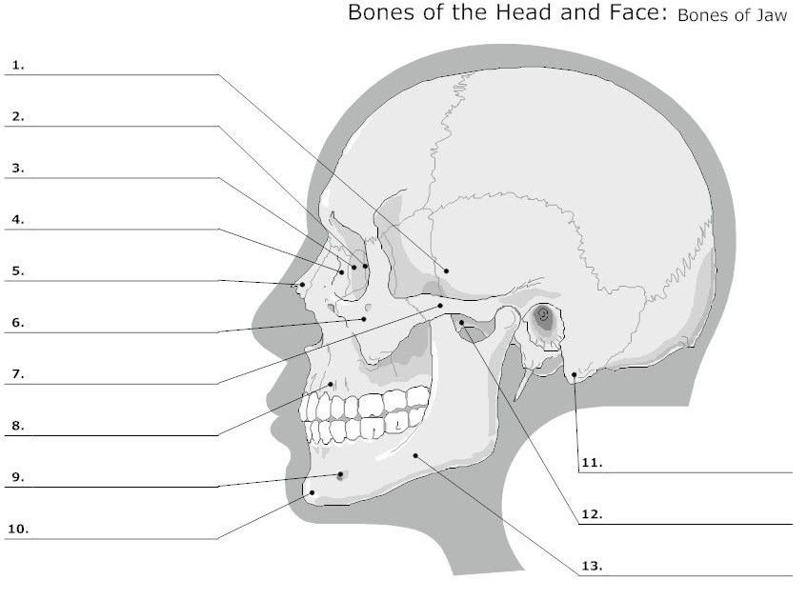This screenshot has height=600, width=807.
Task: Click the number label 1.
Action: (18, 66)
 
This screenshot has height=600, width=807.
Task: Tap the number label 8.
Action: (17, 426)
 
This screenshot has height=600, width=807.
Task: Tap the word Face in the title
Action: (629, 14)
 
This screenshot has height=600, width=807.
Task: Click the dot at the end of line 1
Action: (445, 271)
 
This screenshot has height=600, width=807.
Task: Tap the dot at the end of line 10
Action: (313, 492)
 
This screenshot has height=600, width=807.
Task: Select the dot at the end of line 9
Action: (340, 474)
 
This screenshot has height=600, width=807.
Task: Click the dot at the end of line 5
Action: (302, 284)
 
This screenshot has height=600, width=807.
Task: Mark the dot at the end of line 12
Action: (461, 324)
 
